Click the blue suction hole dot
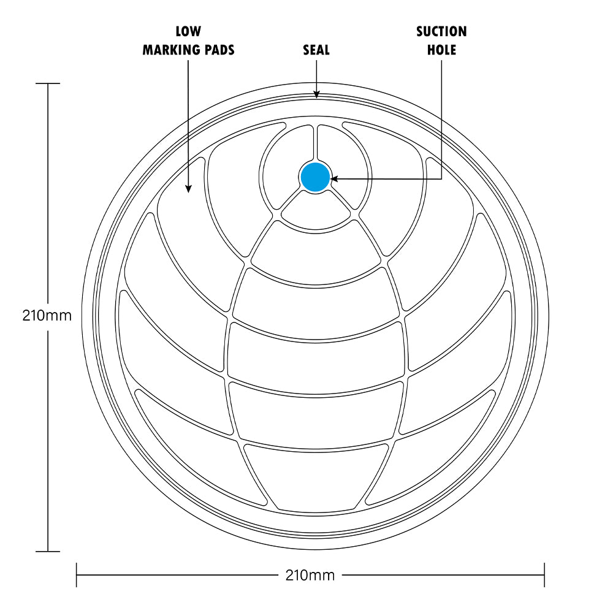point(315,178)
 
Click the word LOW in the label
point(188,31)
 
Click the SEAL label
point(316,50)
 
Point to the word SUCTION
point(441,31)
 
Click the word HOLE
point(441,50)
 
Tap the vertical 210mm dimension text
point(47,316)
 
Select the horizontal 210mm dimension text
point(310,575)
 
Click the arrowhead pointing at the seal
point(317,94)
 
